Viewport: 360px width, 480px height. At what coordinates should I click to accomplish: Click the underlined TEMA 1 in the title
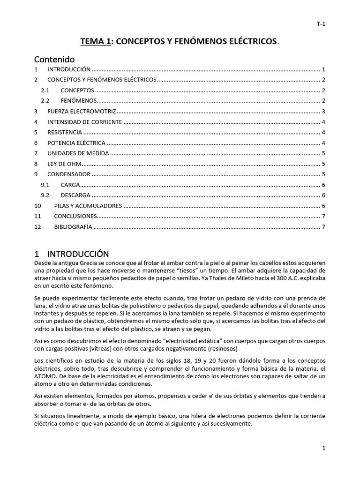[96, 42]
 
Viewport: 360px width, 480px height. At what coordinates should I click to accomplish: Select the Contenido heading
[54, 59]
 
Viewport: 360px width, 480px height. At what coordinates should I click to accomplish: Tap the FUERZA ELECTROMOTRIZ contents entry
[81, 112]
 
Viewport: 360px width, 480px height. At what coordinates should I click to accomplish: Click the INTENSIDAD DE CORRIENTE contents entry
[84, 122]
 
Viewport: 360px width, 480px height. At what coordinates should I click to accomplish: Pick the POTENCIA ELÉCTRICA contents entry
[76, 143]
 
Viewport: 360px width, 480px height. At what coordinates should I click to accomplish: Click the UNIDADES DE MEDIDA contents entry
[78, 153]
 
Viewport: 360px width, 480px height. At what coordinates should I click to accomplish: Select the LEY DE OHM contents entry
[64, 164]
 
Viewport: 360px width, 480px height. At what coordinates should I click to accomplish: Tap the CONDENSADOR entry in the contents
[69, 174]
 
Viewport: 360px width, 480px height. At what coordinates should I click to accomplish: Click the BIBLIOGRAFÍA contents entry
[73, 227]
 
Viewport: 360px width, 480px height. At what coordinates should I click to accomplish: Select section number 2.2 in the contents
[45, 101]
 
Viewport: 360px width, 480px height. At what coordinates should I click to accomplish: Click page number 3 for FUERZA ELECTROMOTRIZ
[323, 112]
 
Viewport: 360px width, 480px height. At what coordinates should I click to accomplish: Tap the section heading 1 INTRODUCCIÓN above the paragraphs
[72, 254]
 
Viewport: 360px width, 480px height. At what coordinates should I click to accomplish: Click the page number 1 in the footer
[323, 448]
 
